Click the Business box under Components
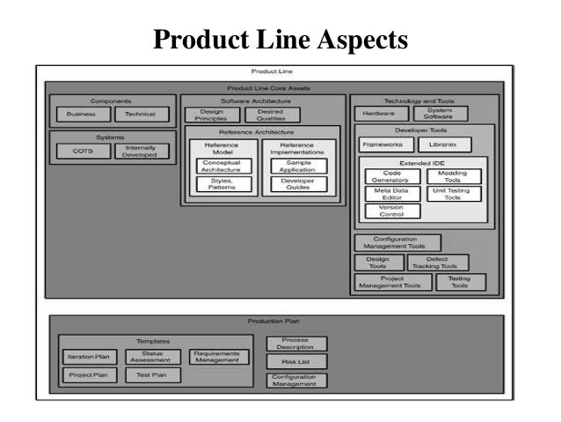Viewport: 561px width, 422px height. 81,115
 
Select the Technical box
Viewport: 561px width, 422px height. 140,115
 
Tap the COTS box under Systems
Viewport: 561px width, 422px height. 82,151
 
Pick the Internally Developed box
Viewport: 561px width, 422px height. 141,151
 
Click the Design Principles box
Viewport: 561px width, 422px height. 211,115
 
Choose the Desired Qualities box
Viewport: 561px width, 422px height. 272,115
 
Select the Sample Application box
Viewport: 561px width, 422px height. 298,167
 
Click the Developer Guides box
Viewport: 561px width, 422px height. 298,184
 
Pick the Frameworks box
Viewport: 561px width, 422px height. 383,144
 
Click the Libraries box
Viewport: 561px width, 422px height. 443,144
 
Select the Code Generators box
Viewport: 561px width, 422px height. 392,176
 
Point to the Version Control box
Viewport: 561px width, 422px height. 392,211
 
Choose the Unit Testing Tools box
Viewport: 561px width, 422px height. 453,194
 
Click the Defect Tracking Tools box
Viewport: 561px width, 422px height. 438,263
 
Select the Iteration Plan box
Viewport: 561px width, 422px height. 88,357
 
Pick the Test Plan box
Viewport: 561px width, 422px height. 152,374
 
